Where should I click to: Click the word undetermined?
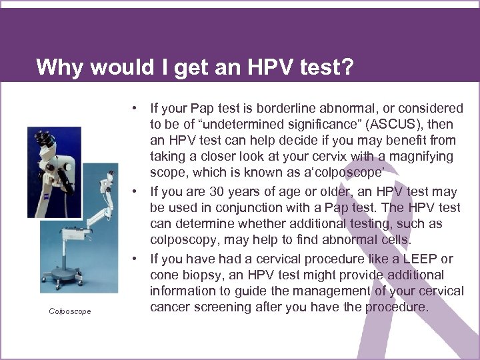[x=241, y=125]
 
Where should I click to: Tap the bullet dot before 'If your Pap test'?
[x=135, y=108]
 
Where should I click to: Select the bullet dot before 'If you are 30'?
[x=135, y=192]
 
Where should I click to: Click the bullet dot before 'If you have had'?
[x=135, y=259]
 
